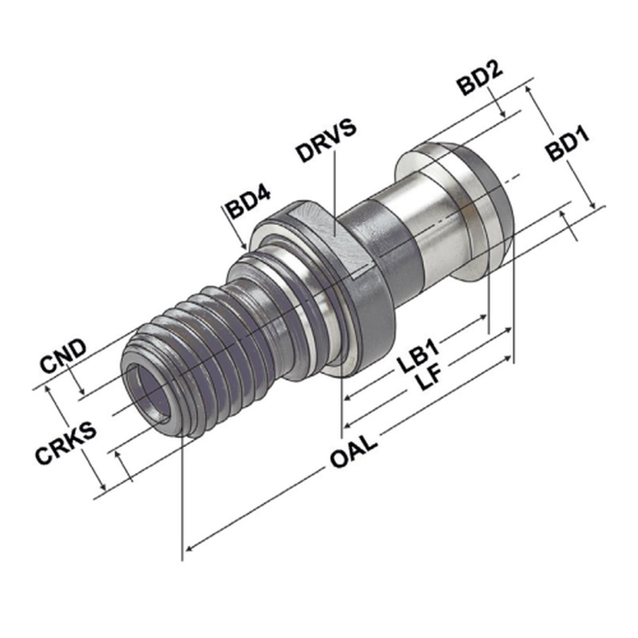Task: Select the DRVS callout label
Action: coord(327,140)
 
